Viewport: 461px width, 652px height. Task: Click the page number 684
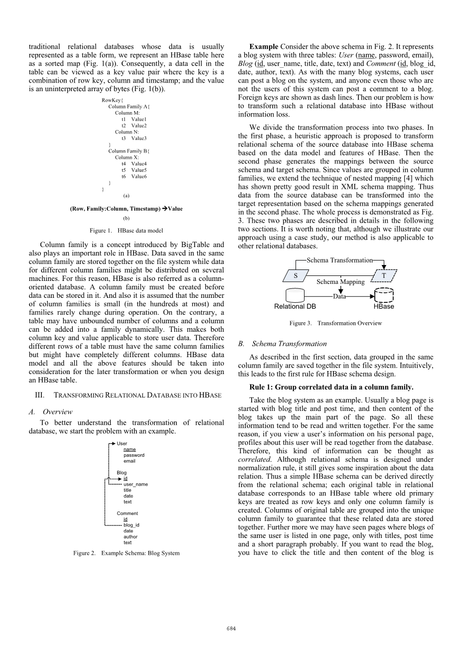click(x=231, y=629)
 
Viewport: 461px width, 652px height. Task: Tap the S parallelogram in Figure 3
click(x=296, y=275)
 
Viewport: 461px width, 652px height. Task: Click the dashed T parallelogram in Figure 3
click(x=384, y=275)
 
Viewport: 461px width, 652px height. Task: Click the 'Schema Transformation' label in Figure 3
click(x=339, y=260)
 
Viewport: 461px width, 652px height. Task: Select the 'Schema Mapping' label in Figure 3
click(x=340, y=282)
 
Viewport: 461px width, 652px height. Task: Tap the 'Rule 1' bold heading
click(x=331, y=387)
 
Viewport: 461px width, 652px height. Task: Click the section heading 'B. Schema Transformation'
click(x=283, y=344)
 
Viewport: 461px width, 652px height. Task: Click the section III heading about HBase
click(x=126, y=395)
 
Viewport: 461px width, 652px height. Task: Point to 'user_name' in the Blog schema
click(x=136, y=484)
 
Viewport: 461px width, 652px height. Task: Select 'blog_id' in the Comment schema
click(x=132, y=525)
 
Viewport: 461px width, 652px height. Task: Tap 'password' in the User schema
click(x=134, y=455)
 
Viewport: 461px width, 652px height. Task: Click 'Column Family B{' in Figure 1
click(x=129, y=151)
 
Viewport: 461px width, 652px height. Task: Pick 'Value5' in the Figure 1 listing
click(x=139, y=170)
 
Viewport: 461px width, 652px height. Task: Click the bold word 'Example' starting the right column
click(x=264, y=47)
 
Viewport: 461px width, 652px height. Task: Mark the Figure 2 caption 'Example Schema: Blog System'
click(x=126, y=553)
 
